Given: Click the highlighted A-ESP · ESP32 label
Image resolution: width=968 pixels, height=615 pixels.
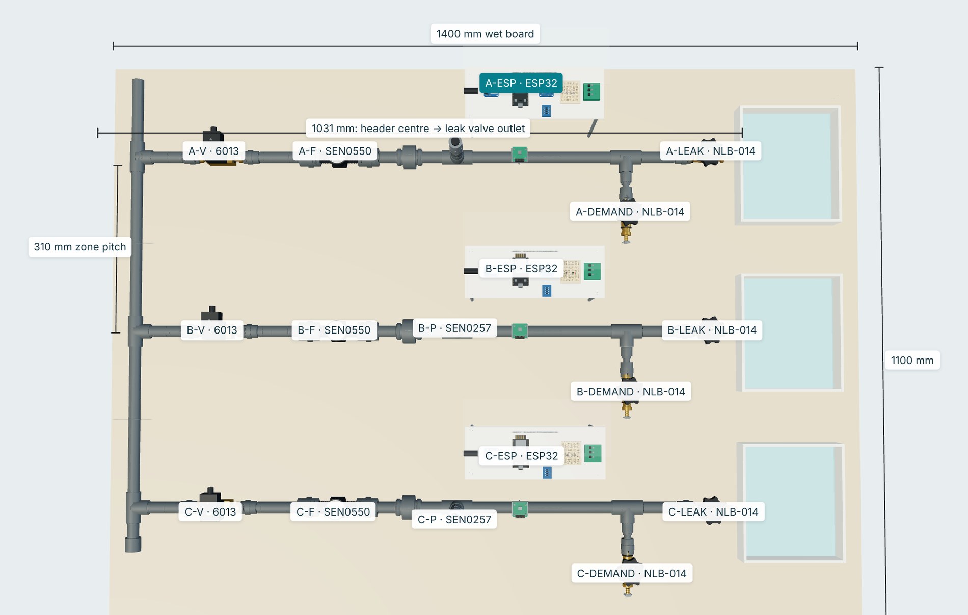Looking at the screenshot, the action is (521, 83).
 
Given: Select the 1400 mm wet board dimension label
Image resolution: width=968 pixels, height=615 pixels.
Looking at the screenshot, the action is (485, 34).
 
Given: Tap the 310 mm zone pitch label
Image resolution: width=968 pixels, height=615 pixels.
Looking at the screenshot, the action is (80, 247).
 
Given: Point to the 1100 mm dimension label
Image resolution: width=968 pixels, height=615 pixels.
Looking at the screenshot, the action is (912, 360).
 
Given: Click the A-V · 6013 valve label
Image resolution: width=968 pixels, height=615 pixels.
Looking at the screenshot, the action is (213, 151).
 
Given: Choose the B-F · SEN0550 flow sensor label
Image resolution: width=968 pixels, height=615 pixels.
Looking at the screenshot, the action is (334, 330).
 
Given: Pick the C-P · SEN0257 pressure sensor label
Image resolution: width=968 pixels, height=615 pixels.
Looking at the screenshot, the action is (454, 519).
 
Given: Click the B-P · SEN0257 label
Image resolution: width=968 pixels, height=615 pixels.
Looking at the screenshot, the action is (454, 328).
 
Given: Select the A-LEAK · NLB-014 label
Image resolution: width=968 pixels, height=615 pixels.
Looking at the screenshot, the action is (711, 151).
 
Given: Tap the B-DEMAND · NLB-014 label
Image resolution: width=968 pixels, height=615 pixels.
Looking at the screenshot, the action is (631, 391).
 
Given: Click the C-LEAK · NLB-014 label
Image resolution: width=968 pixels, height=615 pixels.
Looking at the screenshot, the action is (713, 511).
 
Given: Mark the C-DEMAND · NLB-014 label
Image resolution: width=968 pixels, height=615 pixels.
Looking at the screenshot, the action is (632, 573).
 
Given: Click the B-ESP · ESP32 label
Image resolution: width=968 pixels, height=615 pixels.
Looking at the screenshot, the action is (521, 268).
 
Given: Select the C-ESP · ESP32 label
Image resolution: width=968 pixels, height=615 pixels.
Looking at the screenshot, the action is (521, 455).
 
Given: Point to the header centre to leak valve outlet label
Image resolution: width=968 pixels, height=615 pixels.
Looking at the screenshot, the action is (418, 128).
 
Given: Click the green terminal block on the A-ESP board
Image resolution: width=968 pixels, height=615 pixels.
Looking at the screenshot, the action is (591, 92).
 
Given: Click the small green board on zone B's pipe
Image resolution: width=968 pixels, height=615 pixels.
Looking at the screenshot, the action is (519, 330).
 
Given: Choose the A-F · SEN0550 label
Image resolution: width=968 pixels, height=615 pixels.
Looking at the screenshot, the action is (335, 151).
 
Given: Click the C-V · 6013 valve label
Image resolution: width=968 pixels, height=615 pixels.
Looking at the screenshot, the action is (210, 511).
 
